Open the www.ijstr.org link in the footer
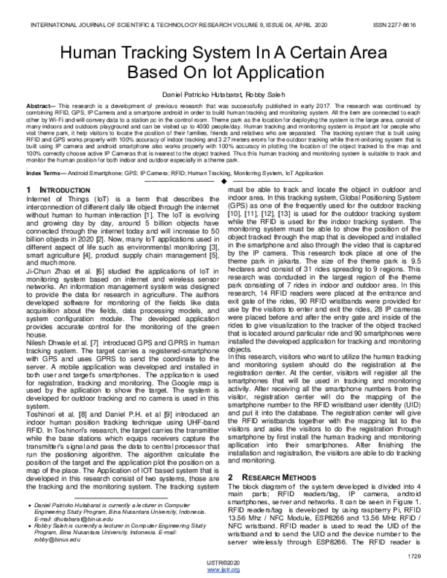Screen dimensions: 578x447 click(x=223, y=569)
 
